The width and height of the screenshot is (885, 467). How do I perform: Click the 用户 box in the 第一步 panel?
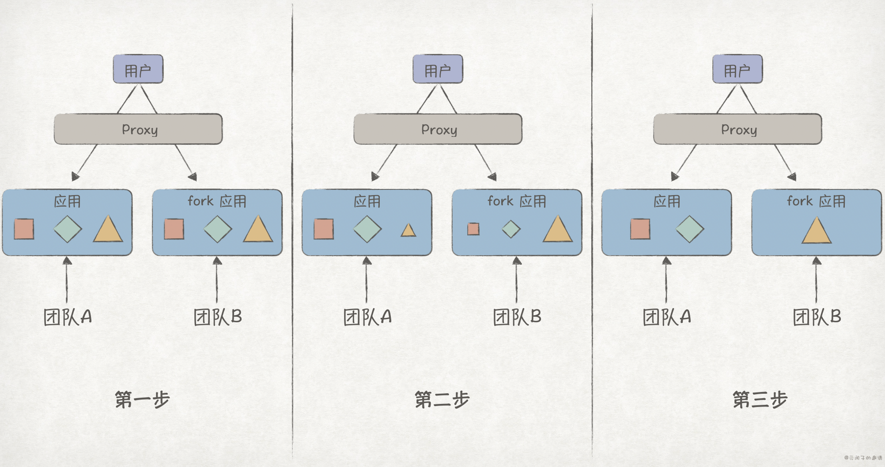pyautogui.click(x=138, y=69)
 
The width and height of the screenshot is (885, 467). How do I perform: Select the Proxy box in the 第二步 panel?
pyautogui.click(x=438, y=129)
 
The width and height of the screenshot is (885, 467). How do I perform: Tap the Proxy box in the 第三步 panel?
pyautogui.click(x=737, y=129)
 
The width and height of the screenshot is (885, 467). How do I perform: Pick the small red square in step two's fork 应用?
pyautogui.click(x=473, y=229)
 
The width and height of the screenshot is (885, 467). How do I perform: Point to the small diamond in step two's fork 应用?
pyautogui.click(x=511, y=229)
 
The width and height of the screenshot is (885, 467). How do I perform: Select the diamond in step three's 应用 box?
pyautogui.click(x=690, y=229)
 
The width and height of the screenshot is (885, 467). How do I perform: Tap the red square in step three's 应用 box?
pyautogui.click(x=640, y=229)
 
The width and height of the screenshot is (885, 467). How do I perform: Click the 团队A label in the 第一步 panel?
pyautogui.click(x=68, y=317)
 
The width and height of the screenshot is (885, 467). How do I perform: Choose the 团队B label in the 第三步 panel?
pyautogui.click(x=817, y=317)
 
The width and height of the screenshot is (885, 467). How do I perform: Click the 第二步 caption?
pyautogui.click(x=442, y=400)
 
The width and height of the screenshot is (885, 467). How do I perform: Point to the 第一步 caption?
pyautogui.click(x=142, y=400)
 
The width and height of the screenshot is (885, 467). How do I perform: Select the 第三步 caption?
pyautogui.click(x=760, y=400)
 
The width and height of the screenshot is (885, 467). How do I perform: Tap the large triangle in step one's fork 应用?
pyautogui.click(x=258, y=230)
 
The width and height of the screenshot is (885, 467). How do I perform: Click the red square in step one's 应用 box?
pyautogui.click(x=24, y=229)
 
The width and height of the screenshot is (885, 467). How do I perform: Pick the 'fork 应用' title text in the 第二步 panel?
pyautogui.click(x=517, y=201)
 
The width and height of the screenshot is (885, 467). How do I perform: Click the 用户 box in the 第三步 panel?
pyautogui.click(x=737, y=69)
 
